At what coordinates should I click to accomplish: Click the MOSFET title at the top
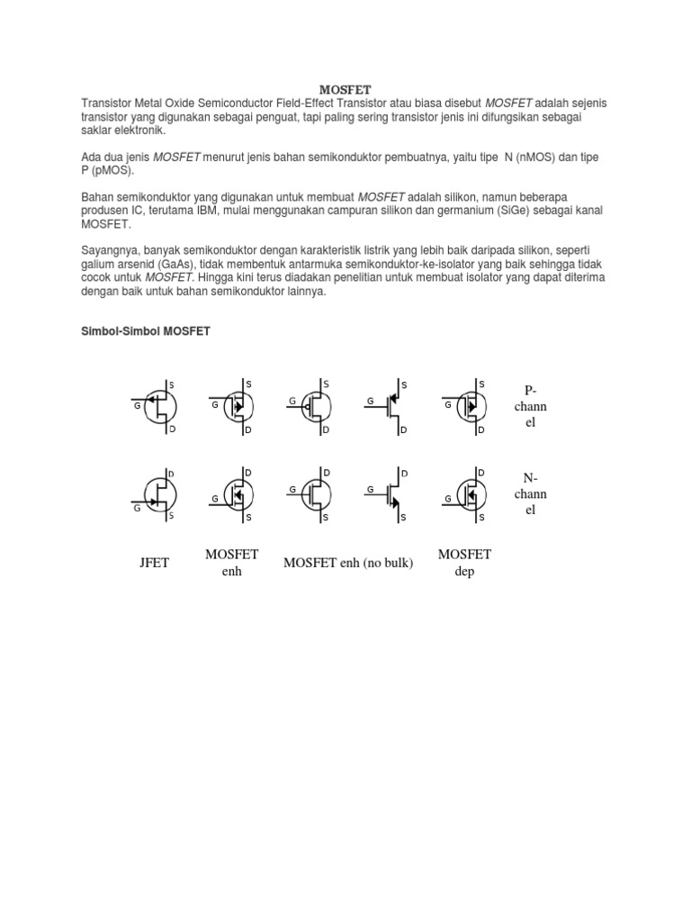tap(345, 89)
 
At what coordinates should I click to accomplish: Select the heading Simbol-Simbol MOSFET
tap(146, 331)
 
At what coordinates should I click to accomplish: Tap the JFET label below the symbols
tap(154, 563)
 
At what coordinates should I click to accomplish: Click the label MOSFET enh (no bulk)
tap(348, 563)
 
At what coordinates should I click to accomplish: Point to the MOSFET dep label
tap(464, 563)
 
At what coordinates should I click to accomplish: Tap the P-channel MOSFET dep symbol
tap(465, 406)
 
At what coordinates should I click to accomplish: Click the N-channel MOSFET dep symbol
tap(465, 493)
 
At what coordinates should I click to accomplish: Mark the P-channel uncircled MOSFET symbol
tap(389, 407)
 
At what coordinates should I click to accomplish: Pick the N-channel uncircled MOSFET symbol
tap(389, 493)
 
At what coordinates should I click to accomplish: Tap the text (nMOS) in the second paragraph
tap(556, 157)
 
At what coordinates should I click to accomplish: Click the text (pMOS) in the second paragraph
tap(112, 169)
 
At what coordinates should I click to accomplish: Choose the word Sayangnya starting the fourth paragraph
tap(109, 249)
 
